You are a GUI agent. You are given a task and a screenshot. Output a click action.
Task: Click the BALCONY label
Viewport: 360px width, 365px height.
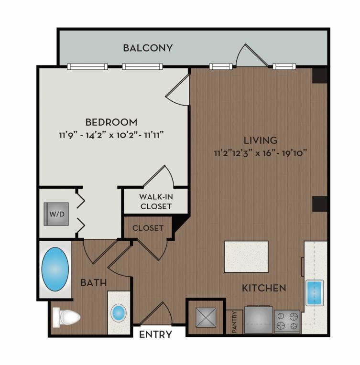[148, 48]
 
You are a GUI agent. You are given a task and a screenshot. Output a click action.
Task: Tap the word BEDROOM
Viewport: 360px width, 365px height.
[111, 122]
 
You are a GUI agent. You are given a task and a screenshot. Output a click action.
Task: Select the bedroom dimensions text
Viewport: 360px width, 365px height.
[111, 135]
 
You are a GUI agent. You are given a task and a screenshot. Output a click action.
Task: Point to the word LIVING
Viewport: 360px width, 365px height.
[260, 140]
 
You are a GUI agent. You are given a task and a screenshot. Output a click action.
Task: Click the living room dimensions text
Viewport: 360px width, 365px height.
[260, 153]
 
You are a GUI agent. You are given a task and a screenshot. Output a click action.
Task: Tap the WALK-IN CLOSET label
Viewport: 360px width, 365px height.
[156, 202]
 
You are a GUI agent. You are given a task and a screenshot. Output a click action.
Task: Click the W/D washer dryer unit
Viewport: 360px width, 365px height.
[56, 214]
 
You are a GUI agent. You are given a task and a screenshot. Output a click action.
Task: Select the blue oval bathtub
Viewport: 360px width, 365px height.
[55, 269]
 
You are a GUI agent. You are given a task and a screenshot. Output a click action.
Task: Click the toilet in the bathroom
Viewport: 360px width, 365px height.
[66, 317]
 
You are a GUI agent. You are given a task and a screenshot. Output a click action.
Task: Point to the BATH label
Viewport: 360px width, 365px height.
[93, 283]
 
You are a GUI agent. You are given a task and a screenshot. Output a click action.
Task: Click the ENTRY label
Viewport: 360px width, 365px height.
[155, 334]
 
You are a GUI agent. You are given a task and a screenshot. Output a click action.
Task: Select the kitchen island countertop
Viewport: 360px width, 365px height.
[246, 257]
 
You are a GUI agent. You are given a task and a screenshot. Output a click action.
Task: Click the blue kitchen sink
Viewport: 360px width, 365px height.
[314, 293]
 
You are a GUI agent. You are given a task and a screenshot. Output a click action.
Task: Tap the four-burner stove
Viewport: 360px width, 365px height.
[287, 322]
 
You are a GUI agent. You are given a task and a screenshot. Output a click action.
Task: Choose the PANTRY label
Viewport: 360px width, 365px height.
[234, 322]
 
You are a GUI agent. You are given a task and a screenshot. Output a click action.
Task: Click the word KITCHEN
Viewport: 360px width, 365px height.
[264, 288]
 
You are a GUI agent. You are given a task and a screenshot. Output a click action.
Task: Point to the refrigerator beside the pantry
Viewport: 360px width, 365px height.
[259, 320]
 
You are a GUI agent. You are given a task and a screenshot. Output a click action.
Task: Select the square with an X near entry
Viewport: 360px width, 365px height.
[206, 318]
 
